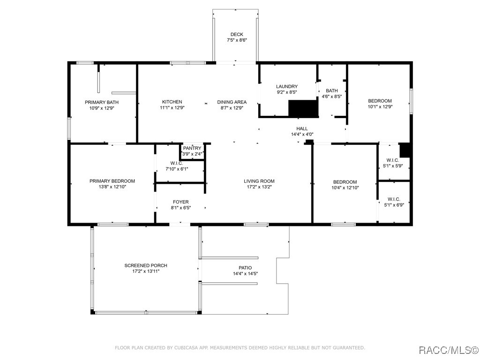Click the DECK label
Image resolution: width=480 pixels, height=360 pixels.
(237, 34)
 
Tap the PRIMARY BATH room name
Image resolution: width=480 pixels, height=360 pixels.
(102, 102)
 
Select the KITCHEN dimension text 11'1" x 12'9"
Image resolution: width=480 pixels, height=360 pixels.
(172, 107)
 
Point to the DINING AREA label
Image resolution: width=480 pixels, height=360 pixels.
(232, 102)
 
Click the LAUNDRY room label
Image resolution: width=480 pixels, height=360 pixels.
(287, 86)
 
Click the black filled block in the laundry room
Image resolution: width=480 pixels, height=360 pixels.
(303, 108)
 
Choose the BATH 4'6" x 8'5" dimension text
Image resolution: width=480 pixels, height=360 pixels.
(332, 96)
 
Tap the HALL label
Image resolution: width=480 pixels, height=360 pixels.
(302, 128)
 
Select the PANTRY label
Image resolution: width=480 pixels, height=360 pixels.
(192, 148)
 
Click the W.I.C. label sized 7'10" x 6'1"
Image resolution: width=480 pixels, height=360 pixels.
(177, 163)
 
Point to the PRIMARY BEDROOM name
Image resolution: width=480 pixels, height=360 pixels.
(112, 181)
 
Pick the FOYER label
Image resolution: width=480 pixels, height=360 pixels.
(180, 202)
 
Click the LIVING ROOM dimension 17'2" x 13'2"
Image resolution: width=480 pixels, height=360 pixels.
(259, 187)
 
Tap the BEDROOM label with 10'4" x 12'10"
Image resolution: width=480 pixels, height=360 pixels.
(345, 182)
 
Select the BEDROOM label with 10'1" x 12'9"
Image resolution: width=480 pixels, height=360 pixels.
(380, 101)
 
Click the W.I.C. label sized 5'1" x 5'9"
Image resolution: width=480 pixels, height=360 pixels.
(393, 160)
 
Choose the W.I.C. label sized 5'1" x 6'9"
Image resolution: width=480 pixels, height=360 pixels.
(394, 199)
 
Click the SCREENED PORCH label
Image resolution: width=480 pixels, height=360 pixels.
(146, 265)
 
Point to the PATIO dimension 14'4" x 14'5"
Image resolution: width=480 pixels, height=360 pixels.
(246, 274)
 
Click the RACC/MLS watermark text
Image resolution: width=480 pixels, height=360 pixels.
(448, 350)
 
